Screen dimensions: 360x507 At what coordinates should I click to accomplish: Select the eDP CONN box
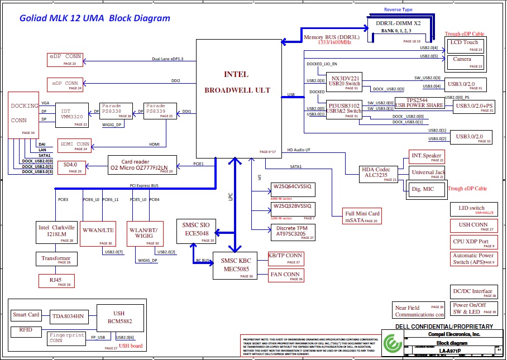tap(66, 59)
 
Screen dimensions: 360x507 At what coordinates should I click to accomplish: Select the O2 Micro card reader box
tap(142, 164)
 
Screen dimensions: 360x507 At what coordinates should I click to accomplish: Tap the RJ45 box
tap(56, 281)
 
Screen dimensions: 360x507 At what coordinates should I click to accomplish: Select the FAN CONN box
tap(285, 275)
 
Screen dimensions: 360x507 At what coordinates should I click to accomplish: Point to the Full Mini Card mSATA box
tap(362, 217)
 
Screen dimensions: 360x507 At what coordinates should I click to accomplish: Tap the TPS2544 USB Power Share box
tap(419, 103)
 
